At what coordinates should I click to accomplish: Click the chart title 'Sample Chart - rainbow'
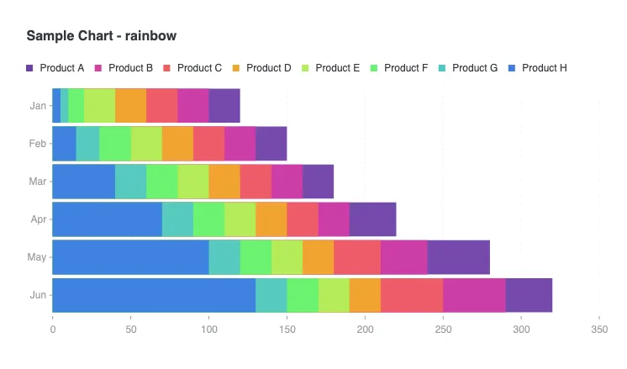tap(101, 36)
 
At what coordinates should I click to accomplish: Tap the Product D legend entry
tap(262, 67)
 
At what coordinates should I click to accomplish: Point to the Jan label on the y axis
tap(38, 106)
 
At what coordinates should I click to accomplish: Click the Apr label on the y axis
tap(38, 219)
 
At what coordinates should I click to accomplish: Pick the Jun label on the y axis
tap(38, 294)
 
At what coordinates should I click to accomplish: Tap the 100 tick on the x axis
tap(208, 329)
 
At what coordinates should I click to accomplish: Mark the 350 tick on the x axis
tap(598, 329)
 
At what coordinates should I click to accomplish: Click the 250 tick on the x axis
tap(443, 329)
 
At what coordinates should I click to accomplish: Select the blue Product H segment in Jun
tap(154, 294)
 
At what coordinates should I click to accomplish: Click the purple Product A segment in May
tap(458, 256)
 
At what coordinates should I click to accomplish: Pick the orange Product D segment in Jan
tap(130, 106)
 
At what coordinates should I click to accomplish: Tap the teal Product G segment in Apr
tap(177, 219)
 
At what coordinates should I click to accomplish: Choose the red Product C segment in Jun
tap(411, 294)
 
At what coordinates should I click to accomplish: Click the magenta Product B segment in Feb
tap(240, 144)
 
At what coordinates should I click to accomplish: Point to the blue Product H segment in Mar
tap(83, 181)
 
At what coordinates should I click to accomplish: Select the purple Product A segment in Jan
tap(224, 106)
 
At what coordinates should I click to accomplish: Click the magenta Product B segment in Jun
tap(474, 294)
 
